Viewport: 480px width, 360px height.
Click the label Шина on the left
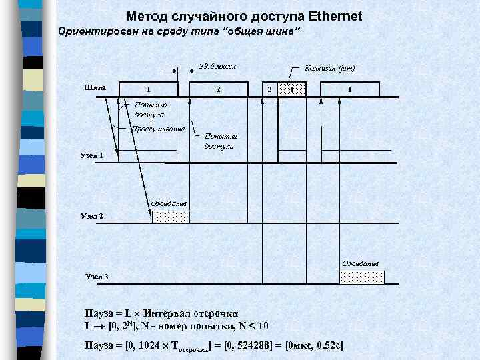pos(95,87)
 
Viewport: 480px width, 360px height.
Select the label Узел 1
pos(92,155)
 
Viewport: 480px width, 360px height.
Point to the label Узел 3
pos(97,276)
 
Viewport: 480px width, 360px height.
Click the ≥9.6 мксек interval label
pos(217,66)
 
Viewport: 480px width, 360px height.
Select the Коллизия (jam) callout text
pos(329,67)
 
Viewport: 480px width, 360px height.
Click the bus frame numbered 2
pos(219,89)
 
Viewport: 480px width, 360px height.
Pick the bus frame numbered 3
pos(269,89)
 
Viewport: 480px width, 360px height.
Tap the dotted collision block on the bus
pos(291,89)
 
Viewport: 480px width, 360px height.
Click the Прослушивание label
pos(158,129)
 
